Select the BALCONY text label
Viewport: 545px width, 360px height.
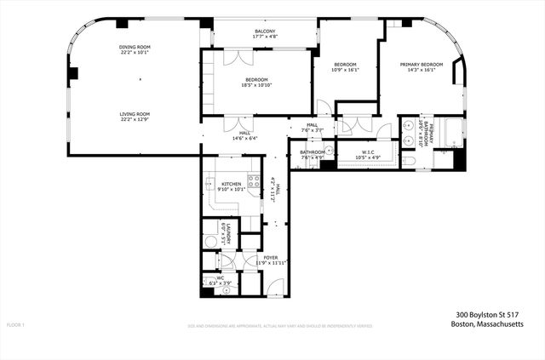[265, 31]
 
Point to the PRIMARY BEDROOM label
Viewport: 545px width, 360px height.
[422, 65]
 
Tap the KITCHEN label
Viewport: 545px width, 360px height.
[232, 184]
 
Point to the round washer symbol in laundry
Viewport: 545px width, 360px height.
[210, 240]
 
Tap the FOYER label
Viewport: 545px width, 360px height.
[270, 256]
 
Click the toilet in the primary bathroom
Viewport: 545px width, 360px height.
[410, 159]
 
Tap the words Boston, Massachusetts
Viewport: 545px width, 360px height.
[488, 324]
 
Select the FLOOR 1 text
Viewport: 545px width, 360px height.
[16, 325]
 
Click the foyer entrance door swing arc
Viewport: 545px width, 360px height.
[274, 287]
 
